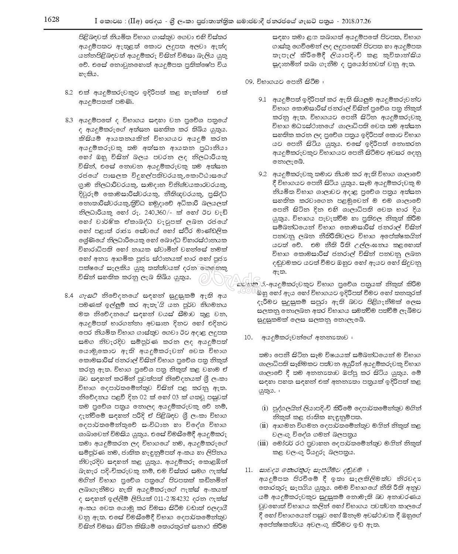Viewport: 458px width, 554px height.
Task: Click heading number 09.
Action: point(250,81)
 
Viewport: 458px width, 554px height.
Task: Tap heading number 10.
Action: point(249,338)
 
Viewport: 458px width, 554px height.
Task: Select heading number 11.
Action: point(249,470)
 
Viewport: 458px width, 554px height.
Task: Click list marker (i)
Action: point(264,408)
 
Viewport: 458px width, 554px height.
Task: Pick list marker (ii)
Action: point(264,425)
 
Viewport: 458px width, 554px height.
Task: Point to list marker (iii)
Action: point(263,443)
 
